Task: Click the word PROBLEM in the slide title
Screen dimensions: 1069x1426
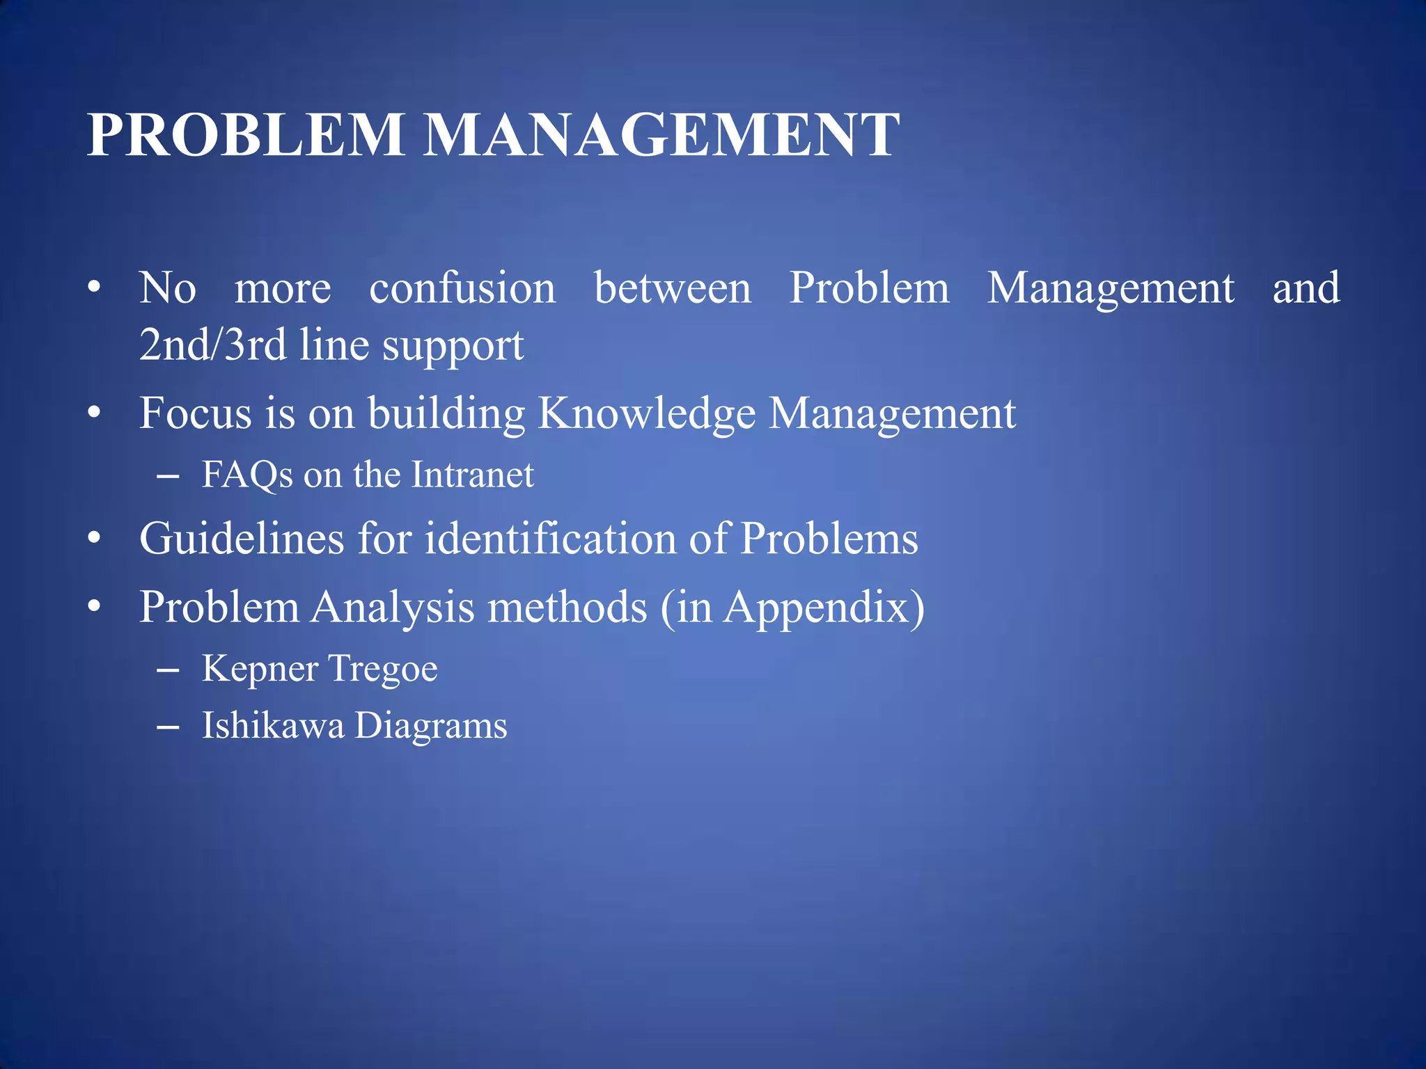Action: pyautogui.click(x=245, y=135)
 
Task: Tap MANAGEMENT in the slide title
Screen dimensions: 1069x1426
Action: pyautogui.click(x=661, y=135)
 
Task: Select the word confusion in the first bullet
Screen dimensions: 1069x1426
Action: pyautogui.click(x=462, y=288)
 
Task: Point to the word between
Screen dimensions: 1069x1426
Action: pyautogui.click(x=673, y=288)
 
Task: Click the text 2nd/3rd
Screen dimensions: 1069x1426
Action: pyautogui.click(x=212, y=345)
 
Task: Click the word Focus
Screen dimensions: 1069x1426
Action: pyautogui.click(x=196, y=413)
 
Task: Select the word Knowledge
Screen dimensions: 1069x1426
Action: pyautogui.click(x=646, y=414)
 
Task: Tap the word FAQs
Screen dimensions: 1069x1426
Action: pyautogui.click(x=247, y=475)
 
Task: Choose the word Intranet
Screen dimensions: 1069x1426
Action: pyautogui.click(x=472, y=475)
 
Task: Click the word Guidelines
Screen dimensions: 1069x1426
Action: pyautogui.click(x=242, y=539)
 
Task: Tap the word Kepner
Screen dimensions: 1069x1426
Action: pyautogui.click(x=260, y=670)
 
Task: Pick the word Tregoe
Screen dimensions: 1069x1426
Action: pyautogui.click(x=382, y=670)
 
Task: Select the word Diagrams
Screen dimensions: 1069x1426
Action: pyautogui.click(x=431, y=727)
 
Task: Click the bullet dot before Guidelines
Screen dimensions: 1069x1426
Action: pyautogui.click(x=95, y=538)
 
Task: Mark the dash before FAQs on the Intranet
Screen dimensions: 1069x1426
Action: pyautogui.click(x=168, y=477)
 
